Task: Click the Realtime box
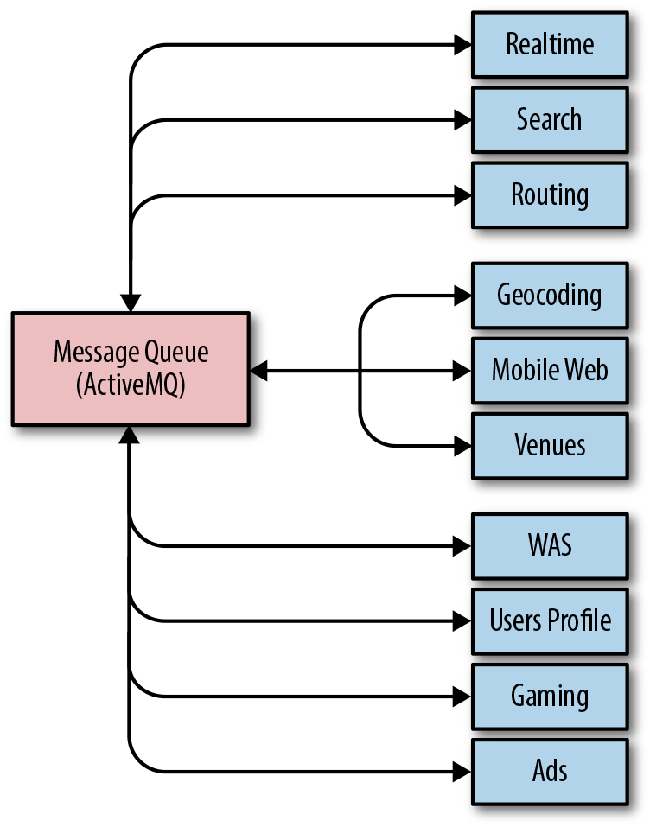point(550,45)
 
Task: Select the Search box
point(550,120)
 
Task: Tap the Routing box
point(550,195)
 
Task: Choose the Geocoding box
point(550,296)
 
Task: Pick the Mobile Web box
point(550,371)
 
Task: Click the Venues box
point(550,446)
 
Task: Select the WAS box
point(550,546)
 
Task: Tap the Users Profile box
point(550,622)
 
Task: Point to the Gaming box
point(550,697)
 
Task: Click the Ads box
point(550,773)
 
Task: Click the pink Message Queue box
point(131,369)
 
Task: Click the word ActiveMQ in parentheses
point(131,385)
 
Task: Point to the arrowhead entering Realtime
point(462,45)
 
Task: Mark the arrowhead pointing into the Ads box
point(462,773)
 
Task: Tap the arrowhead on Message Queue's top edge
point(131,303)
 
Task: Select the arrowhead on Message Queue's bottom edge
point(130,435)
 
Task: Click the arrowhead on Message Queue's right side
point(258,371)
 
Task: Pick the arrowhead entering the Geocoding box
point(462,296)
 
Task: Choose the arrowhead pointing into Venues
point(462,446)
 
